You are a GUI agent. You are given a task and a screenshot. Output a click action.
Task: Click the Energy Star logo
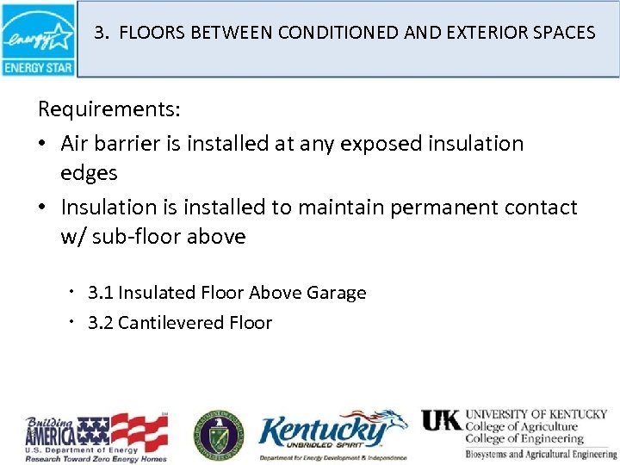click(x=38, y=39)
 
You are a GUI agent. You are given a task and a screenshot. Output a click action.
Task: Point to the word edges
click(x=89, y=172)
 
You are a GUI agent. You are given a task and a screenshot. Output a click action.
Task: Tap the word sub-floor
click(x=138, y=237)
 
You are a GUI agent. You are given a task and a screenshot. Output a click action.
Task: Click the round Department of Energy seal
click(x=218, y=432)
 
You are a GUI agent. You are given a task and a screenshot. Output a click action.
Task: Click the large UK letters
click(x=441, y=419)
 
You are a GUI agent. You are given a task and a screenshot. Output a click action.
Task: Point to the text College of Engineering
click(x=524, y=439)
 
